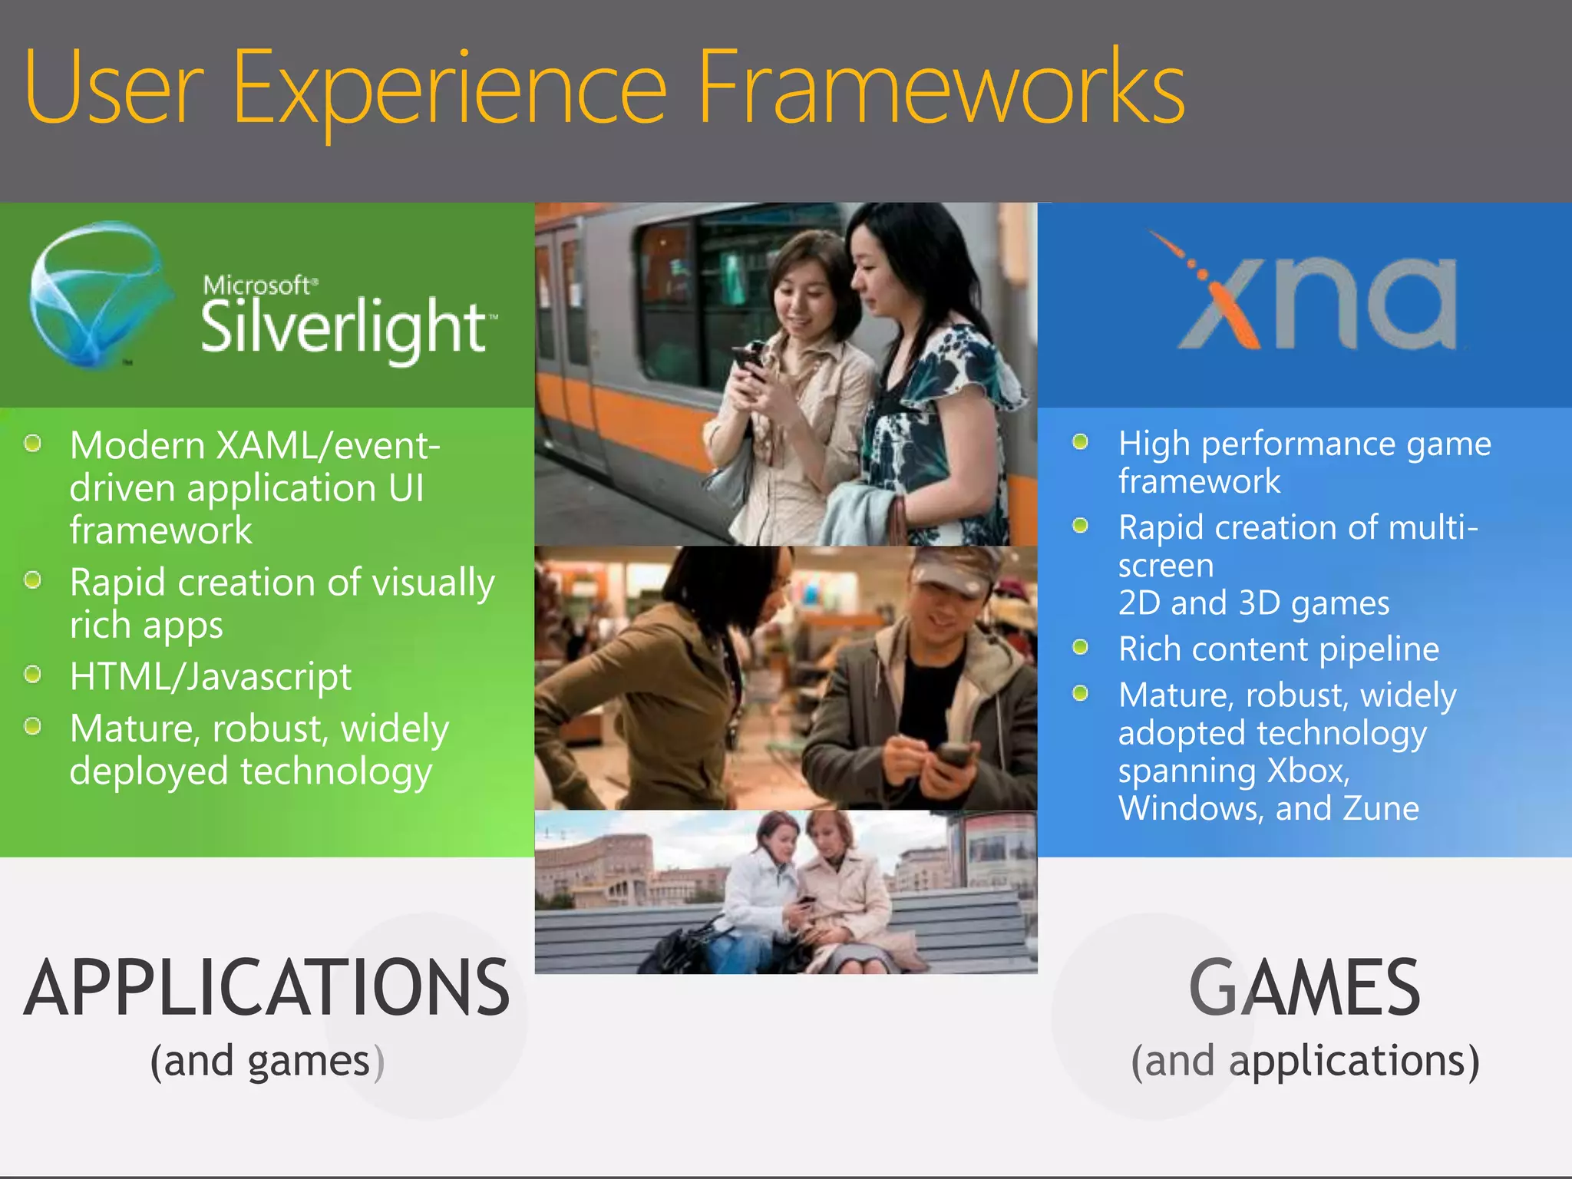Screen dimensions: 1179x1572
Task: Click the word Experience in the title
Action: click(449, 88)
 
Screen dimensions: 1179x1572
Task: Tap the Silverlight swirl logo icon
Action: click(96, 296)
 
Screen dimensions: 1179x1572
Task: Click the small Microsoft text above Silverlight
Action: click(257, 286)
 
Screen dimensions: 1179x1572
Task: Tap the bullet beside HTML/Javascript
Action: click(32, 675)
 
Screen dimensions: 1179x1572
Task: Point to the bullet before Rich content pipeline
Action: click(1080, 647)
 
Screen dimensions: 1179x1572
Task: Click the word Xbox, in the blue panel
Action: click(1308, 771)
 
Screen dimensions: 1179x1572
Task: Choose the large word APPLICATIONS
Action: click(266, 989)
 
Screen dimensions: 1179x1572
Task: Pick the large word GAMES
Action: click(1304, 989)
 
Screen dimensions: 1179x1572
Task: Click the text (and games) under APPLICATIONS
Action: click(266, 1062)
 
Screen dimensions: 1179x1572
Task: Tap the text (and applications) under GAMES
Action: click(1304, 1062)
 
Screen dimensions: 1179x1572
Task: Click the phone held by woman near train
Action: click(748, 359)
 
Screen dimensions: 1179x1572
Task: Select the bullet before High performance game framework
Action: click(1080, 442)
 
